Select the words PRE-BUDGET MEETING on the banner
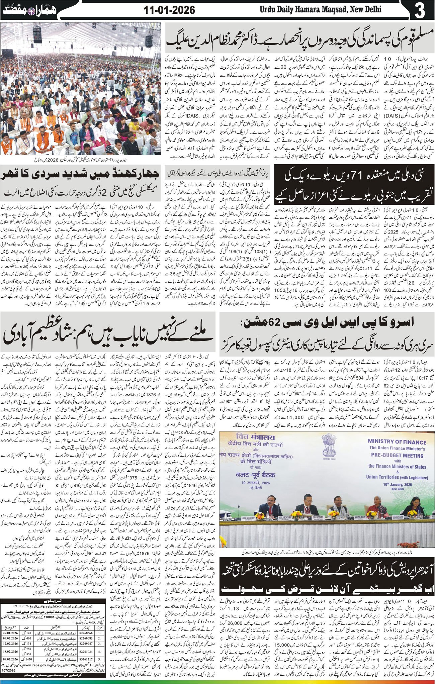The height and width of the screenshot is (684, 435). click(398, 455)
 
